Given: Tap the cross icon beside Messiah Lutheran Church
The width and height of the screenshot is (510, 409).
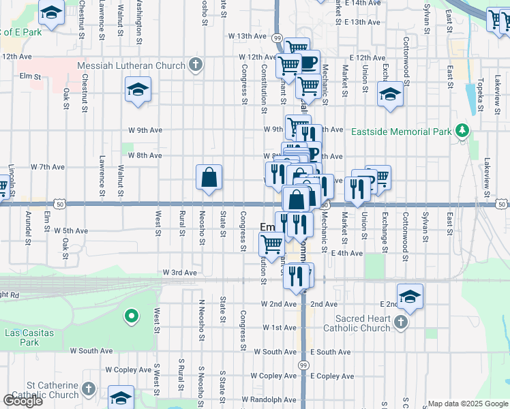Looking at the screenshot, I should point(196,65).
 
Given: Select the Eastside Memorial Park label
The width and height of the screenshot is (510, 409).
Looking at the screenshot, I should point(402,131).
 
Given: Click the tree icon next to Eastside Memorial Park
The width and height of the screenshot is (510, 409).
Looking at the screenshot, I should point(462,130).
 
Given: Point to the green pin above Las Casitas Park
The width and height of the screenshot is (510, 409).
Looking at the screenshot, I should point(130,316).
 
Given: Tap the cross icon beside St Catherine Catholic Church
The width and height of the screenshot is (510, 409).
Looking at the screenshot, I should point(88,389).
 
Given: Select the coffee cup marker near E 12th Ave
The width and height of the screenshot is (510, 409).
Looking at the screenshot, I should point(308,63).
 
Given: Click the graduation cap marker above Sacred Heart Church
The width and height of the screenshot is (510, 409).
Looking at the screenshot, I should point(410,297).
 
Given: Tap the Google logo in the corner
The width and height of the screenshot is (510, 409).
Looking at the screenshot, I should point(23,401).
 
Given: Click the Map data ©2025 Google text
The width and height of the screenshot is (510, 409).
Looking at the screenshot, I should point(468,404).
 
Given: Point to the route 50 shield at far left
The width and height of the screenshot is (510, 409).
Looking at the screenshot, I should point(60,204).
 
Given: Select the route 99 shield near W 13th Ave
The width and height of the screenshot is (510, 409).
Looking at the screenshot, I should point(277,37).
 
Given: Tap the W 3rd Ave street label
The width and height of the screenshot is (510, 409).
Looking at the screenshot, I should point(179,273).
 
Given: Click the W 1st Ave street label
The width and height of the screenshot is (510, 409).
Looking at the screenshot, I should point(280,328).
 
